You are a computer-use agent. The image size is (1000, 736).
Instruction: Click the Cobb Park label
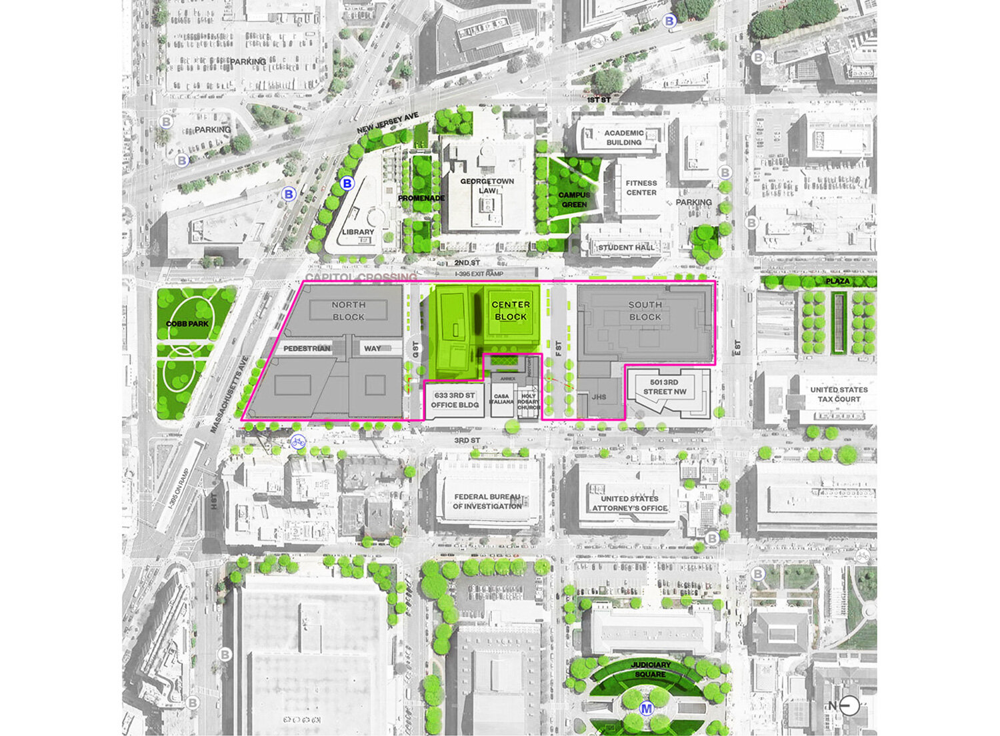187,324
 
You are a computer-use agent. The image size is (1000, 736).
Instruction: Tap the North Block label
349,310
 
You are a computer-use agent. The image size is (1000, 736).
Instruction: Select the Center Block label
511,310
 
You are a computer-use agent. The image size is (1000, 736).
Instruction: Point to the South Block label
645,310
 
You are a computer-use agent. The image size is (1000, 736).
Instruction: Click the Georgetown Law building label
487,186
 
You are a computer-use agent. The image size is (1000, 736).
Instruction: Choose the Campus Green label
574,200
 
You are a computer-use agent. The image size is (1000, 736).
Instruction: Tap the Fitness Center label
641,188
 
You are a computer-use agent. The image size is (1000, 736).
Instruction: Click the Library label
358,232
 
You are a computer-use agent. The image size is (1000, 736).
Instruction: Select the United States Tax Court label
839,394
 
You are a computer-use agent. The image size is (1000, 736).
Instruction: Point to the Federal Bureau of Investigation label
487,502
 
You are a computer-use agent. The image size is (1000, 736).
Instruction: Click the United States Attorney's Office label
630,504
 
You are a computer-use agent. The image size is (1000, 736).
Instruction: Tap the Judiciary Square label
650,669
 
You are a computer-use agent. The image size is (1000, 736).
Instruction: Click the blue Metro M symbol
645,709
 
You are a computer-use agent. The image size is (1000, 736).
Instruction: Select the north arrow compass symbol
849,706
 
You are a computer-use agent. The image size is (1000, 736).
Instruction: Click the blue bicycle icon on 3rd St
298,441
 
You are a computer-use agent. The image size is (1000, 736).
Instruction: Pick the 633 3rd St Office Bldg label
455,400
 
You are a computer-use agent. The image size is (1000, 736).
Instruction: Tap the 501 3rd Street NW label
664,387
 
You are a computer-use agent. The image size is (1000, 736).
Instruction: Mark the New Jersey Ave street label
387,123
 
